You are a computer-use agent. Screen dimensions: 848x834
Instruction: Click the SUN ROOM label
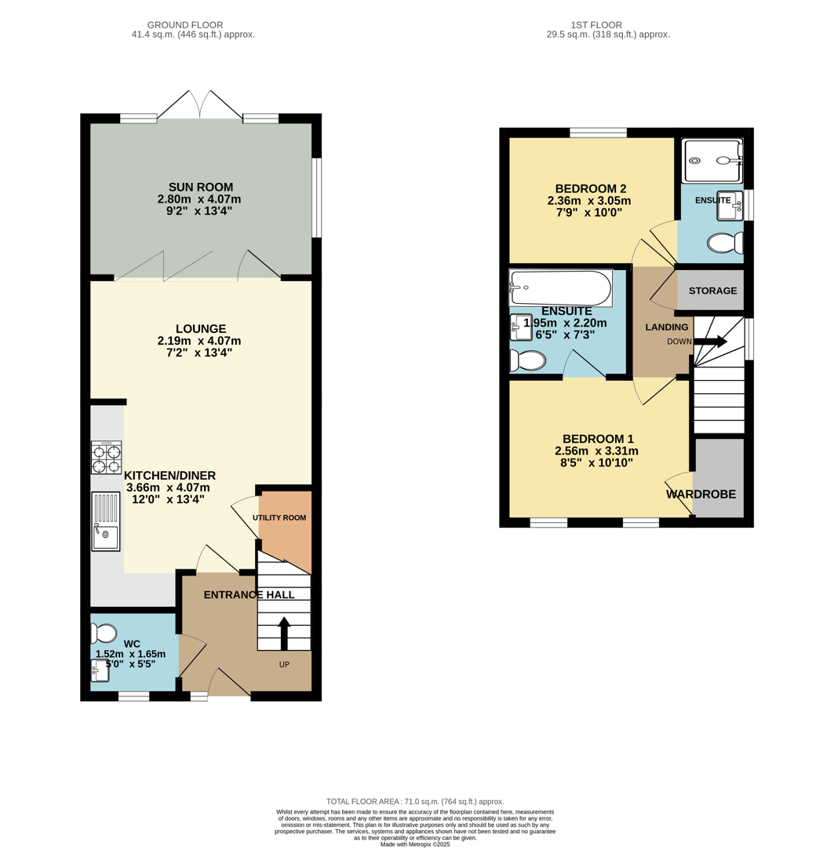200,187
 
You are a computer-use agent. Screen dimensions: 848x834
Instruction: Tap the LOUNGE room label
200,328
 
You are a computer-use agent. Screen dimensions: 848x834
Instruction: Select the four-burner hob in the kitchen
107,458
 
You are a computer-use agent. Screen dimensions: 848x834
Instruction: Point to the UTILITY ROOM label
279,518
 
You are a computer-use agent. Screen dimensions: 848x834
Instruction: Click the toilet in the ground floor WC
104,633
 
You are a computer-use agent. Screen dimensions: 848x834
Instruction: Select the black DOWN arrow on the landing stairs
710,342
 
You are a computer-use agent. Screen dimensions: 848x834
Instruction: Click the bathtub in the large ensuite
560,288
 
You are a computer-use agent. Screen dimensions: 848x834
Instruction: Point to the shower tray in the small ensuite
712,160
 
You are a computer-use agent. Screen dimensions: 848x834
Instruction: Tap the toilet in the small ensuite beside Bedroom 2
724,243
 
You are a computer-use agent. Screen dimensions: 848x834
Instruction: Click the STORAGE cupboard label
712,291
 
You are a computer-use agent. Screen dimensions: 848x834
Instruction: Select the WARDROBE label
701,495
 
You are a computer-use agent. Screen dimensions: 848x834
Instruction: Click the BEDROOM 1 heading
597,438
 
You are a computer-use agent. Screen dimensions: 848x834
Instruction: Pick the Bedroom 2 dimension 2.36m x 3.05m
588,200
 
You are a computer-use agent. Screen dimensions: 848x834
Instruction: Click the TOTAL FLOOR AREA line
415,802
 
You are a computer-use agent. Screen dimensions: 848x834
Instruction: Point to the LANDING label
666,327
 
